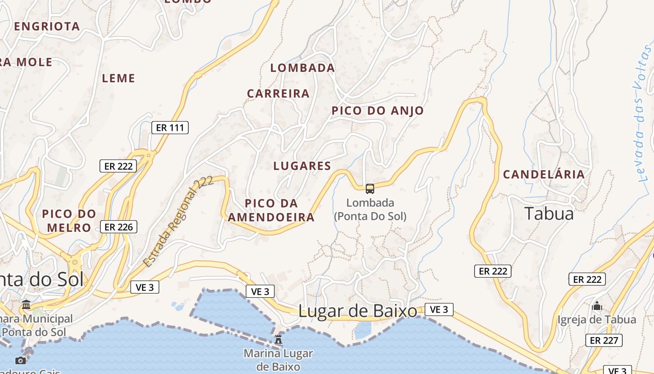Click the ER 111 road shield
[x=170, y=128]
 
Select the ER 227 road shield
[x=604, y=340]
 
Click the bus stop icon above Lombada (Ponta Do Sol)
[x=370, y=189]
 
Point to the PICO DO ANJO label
[x=377, y=111]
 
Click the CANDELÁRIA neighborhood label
[x=544, y=174]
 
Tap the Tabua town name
[x=549, y=214]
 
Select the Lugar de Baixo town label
[x=358, y=311]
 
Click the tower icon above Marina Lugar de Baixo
[x=278, y=339]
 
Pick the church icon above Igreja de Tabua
[x=597, y=306]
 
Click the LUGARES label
[x=302, y=166]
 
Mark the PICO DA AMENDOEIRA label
[x=271, y=210]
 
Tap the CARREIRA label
[x=278, y=93]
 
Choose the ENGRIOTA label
[x=47, y=27]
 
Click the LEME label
[x=119, y=79]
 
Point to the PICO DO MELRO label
[x=69, y=221]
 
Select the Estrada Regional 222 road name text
[x=178, y=222]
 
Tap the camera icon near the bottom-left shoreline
[x=20, y=360]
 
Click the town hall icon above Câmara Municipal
[x=26, y=305]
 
